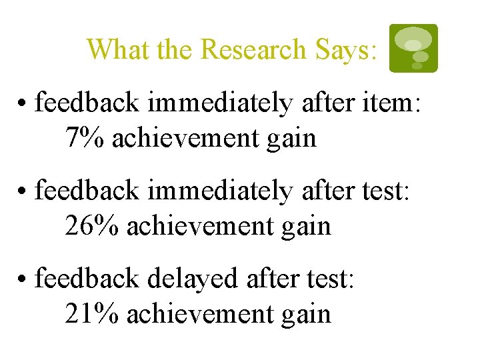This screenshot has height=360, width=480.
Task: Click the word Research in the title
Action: pos(253,49)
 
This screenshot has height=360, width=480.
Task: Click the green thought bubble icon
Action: pos(413,47)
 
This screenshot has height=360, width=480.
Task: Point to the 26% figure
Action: pos(91,226)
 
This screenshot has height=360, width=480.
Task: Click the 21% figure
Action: pos(91,313)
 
